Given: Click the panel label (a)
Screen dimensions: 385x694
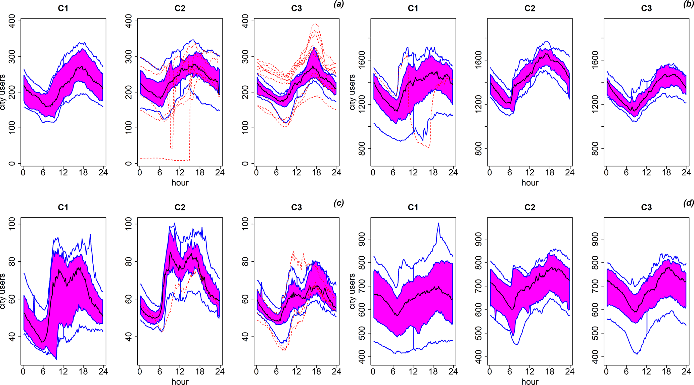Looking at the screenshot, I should [x=338, y=4].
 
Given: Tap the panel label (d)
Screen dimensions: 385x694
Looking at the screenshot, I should [x=689, y=203].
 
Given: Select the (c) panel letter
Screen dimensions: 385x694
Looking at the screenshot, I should [x=338, y=203].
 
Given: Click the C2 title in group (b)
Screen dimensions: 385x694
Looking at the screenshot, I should [x=529, y=8].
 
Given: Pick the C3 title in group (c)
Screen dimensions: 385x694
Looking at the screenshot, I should [x=296, y=208].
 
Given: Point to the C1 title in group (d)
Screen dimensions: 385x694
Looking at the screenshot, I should [x=413, y=208].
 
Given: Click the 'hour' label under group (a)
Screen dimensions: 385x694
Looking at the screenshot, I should [x=180, y=183].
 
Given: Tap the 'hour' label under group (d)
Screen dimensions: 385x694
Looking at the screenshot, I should [x=530, y=382].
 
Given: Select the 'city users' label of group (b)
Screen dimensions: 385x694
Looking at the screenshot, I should [x=352, y=92].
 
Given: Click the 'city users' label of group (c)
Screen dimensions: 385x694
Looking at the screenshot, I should [x=3, y=291].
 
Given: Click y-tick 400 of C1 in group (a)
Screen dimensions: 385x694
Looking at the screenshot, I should [x=12, y=21].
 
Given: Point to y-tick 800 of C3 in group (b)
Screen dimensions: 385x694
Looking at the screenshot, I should [x=595, y=148].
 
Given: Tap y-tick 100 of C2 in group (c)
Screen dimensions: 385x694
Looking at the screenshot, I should [x=129, y=224].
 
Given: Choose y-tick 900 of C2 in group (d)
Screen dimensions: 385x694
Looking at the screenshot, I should [x=478, y=239].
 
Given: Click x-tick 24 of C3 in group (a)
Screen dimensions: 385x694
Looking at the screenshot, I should [x=336, y=172].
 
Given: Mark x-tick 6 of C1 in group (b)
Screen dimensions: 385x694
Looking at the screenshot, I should [x=393, y=172].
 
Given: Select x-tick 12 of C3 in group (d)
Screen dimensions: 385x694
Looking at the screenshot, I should [x=646, y=371].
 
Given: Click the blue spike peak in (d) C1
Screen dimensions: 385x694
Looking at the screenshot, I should [x=438, y=223].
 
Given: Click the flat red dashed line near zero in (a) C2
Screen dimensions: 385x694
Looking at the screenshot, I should [x=158, y=158].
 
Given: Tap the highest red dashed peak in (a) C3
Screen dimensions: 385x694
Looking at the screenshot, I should [x=315, y=24].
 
